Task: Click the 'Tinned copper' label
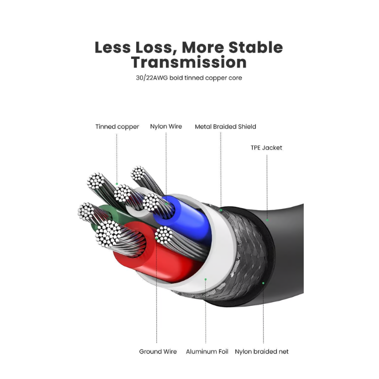pyautogui.click(x=117, y=127)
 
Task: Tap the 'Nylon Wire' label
pyautogui.click(x=166, y=127)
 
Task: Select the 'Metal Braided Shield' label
pyautogui.click(x=225, y=127)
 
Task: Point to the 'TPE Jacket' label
pyautogui.click(x=266, y=148)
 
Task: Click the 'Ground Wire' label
pyautogui.click(x=158, y=352)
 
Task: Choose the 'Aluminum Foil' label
pyautogui.click(x=207, y=352)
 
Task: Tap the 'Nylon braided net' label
pyautogui.click(x=262, y=352)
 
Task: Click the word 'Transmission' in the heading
pyautogui.click(x=189, y=62)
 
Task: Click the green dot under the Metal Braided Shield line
pyautogui.click(x=222, y=211)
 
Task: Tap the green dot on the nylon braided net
pyautogui.click(x=263, y=283)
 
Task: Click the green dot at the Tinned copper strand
pyautogui.click(x=116, y=184)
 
